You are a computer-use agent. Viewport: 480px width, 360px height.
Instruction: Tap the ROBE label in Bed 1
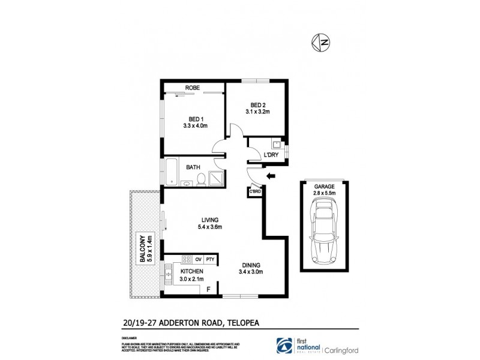point(192,88)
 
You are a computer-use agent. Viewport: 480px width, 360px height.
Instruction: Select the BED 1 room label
point(195,118)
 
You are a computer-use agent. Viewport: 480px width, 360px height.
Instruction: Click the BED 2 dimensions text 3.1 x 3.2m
point(257,111)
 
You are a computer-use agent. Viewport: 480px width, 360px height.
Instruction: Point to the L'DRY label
point(272,156)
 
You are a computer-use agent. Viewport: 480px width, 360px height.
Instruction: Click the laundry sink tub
point(276,144)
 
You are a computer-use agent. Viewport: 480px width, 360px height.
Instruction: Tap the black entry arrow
point(271,176)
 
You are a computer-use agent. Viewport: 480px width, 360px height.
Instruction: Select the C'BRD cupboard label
point(256,191)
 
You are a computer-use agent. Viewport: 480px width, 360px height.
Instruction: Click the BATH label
point(193,167)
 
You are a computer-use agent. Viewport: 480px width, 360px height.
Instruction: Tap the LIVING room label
point(210,220)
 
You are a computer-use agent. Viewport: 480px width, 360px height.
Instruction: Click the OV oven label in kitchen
point(198,259)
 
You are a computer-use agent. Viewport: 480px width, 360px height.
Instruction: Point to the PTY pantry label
point(210,259)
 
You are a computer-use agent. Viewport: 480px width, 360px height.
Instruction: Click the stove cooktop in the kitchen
point(186,259)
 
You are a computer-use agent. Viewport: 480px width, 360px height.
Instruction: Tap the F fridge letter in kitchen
point(208,289)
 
